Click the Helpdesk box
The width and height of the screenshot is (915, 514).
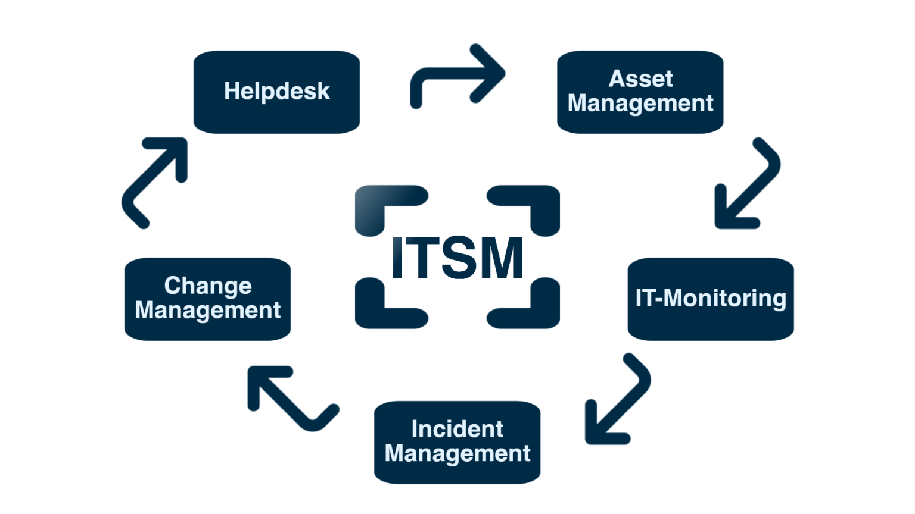276,92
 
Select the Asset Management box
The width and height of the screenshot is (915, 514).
640,92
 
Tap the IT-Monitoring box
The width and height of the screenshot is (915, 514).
711,299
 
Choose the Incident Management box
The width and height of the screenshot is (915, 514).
457,442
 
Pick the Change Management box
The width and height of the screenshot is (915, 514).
207,299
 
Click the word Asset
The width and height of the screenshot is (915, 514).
640,79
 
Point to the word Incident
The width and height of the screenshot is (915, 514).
457,429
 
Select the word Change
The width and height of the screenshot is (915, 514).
208,286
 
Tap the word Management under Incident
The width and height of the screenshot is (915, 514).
457,453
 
